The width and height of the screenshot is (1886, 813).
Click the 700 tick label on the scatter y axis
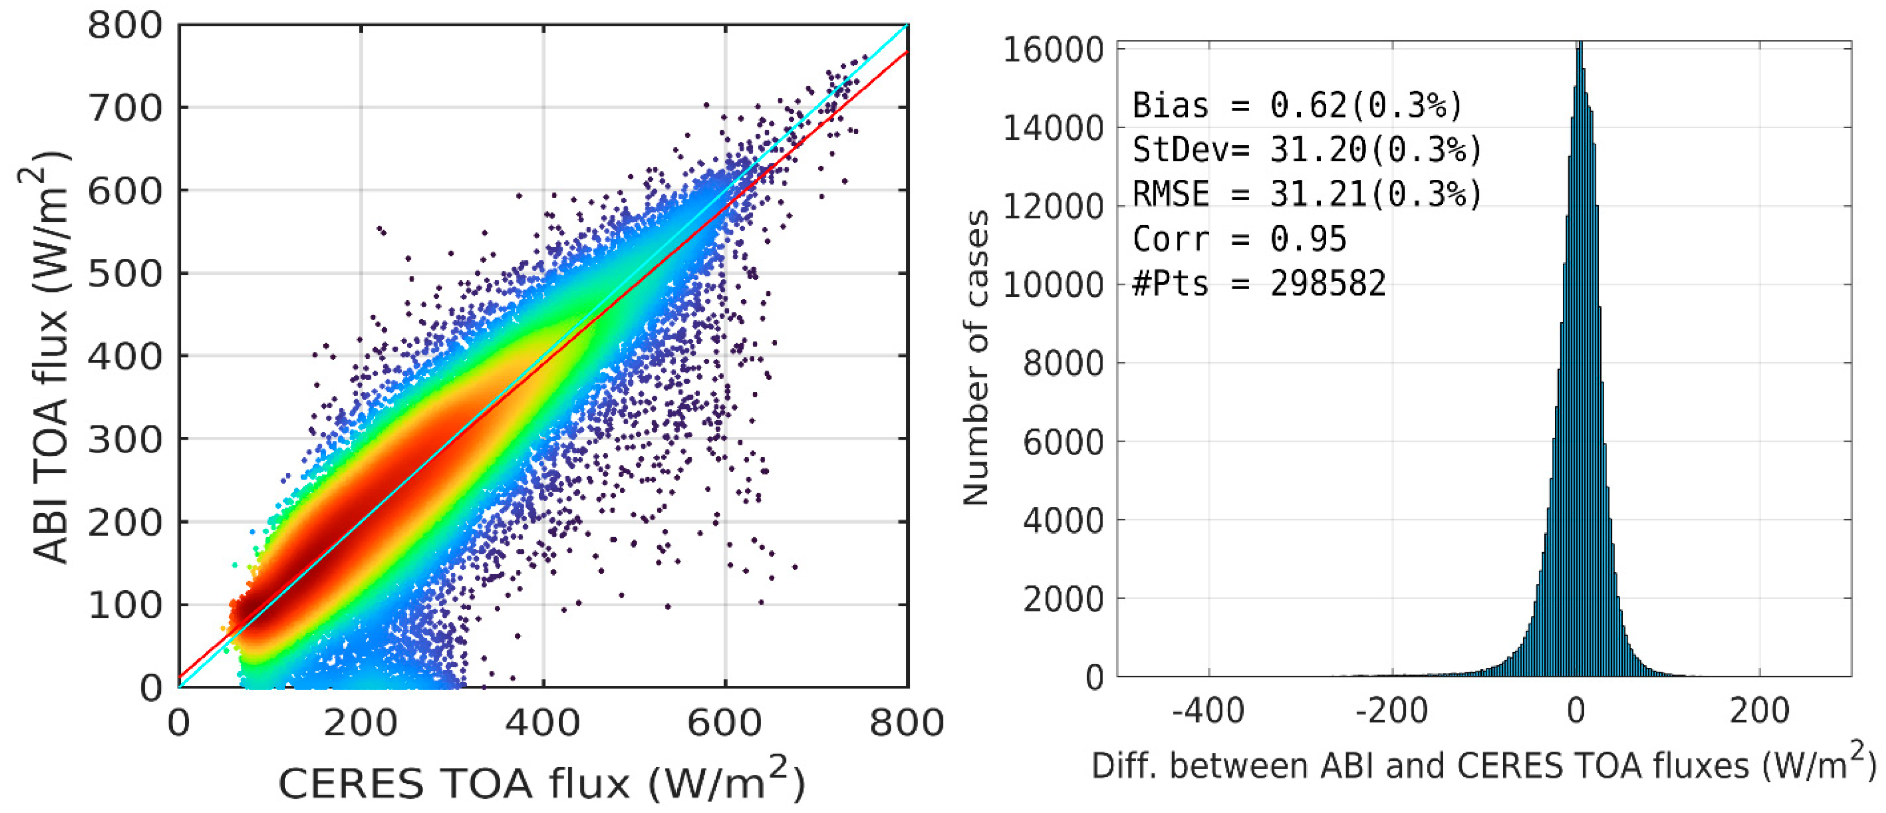coord(124,108)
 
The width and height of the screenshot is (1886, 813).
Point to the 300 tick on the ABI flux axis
coord(124,440)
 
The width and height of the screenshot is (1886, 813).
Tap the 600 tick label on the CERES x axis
coord(725,723)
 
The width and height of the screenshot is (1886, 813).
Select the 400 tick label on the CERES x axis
coord(543,723)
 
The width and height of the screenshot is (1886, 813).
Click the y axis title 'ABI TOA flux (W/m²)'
coord(50,357)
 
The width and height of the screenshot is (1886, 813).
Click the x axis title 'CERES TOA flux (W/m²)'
coord(542,781)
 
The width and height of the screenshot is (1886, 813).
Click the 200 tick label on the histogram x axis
coord(1759,711)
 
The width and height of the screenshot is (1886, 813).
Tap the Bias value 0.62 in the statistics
coord(1308,105)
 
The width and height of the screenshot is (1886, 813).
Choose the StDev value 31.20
coord(1318,150)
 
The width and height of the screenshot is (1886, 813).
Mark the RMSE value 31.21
coord(1318,194)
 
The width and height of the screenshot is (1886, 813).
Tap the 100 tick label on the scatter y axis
coord(124,605)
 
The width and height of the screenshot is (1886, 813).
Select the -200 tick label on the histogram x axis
coord(1391,711)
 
